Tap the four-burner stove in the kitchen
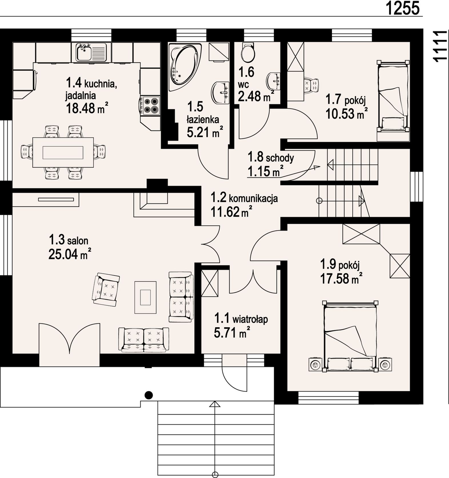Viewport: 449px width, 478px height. click(x=150, y=106)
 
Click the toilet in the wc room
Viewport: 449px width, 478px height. click(x=248, y=53)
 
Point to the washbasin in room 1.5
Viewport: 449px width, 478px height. click(x=220, y=93)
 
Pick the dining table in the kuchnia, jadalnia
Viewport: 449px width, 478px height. click(x=63, y=152)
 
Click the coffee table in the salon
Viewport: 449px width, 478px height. click(x=145, y=297)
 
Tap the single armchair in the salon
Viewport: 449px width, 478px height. click(x=106, y=289)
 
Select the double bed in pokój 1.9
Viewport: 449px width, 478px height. click(x=350, y=336)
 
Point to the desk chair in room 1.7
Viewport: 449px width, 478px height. click(x=311, y=85)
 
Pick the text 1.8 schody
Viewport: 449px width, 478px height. click(x=271, y=157)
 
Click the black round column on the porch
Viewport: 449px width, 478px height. click(x=149, y=395)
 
